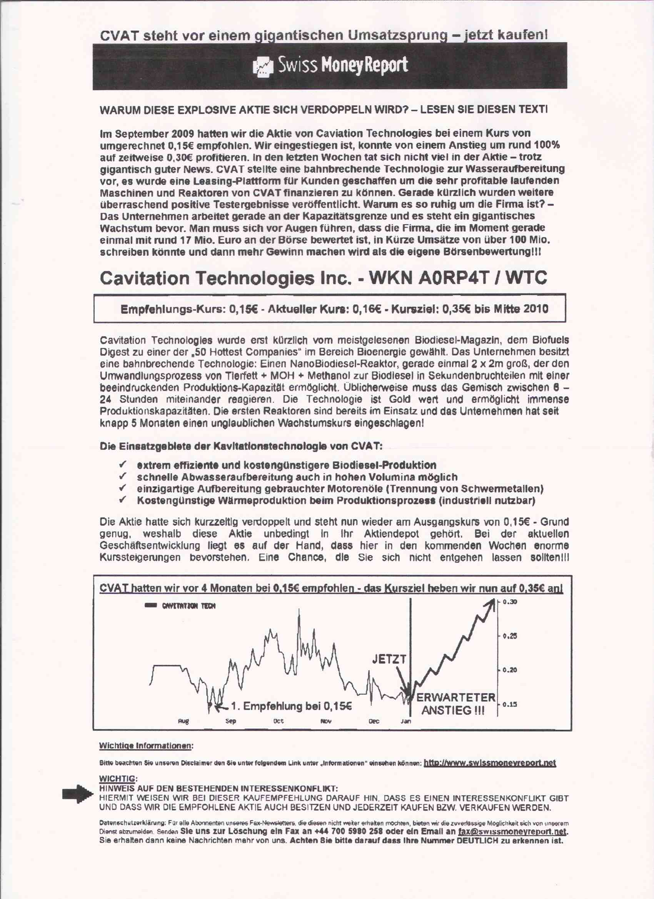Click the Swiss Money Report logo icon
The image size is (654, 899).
click(x=263, y=66)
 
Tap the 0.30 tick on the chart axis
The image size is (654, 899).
click(x=510, y=602)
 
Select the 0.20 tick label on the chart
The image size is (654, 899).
click(x=510, y=670)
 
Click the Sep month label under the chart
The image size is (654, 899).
click(x=230, y=721)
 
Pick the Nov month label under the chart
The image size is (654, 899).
click(x=325, y=721)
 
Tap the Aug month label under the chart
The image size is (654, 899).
click(x=183, y=721)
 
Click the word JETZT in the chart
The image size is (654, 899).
click(x=389, y=659)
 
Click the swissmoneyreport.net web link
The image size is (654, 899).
click(x=490, y=763)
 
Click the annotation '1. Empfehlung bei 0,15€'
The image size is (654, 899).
click(x=291, y=706)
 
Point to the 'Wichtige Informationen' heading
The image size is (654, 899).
click(x=145, y=746)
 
